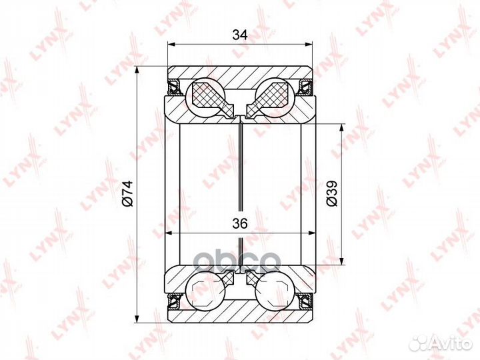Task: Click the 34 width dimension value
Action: pos(240,35)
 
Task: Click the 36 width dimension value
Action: pos(240,224)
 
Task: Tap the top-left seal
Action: pos(174,87)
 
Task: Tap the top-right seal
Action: pos(306,87)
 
